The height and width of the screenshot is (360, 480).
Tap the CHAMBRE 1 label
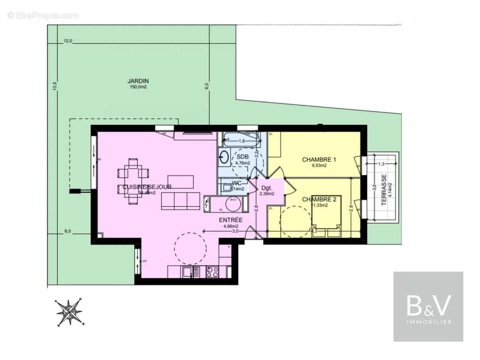coord(319,159)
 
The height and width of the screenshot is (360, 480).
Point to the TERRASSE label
coord(384,190)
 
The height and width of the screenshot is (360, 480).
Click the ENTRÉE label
coord(231,220)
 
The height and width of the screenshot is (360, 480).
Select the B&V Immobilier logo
coord(428,306)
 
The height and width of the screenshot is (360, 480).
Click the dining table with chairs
coord(133,180)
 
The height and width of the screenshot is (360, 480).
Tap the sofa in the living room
coord(181,201)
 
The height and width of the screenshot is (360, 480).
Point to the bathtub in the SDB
coord(239,140)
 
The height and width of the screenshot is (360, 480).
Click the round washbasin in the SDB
coord(224,157)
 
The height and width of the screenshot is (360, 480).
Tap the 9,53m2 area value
coord(319,166)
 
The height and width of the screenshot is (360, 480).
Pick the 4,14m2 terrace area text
coord(390,190)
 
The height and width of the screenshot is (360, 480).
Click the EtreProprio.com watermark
coord(43,15)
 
